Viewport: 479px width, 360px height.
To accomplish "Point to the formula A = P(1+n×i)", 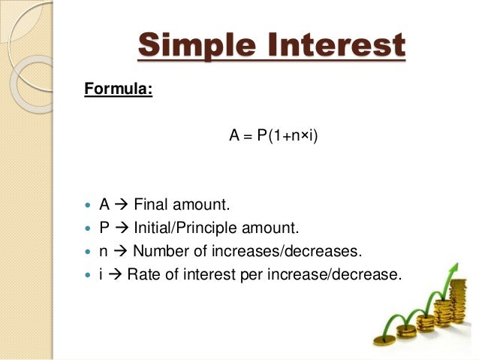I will point(274,137).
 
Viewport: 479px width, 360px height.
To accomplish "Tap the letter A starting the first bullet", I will point(104,204).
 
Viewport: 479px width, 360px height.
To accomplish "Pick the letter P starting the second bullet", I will point(104,228).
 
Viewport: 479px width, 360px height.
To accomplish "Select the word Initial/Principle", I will point(193,228).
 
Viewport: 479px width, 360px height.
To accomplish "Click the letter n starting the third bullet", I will point(104,251).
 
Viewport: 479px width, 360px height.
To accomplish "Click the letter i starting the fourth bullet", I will point(101,274).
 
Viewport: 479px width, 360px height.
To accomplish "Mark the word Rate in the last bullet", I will point(143,274).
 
